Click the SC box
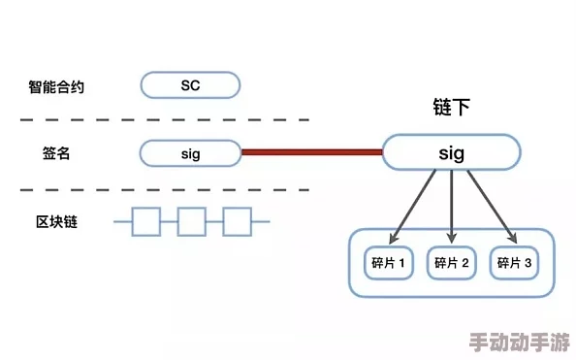coord(190,85)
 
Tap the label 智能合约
coord(56,86)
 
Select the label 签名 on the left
coord(56,153)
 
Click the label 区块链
coord(56,221)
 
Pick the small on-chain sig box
coord(190,152)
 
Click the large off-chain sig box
coord(452,152)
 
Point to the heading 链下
coord(451,108)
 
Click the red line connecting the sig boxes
coord(311,152)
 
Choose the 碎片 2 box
coord(452,262)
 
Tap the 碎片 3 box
coord(514,262)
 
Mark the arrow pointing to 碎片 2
coord(452,206)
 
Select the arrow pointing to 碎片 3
coord(491,206)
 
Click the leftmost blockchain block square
coord(146,222)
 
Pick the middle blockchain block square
coord(192,222)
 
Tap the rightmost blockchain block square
coord(237,222)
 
